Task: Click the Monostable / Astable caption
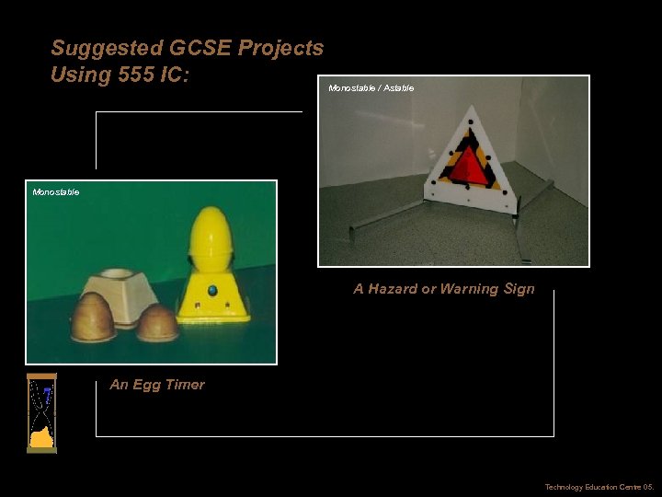[x=371, y=88]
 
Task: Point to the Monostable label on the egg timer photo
[x=56, y=192]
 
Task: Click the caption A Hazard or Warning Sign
[x=443, y=289]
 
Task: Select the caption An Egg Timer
[x=157, y=385]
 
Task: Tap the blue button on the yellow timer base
[x=212, y=291]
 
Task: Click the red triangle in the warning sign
[x=470, y=167]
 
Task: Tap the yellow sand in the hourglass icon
[x=40, y=436]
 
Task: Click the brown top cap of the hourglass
[x=41, y=377]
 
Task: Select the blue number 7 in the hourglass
[x=46, y=392]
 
